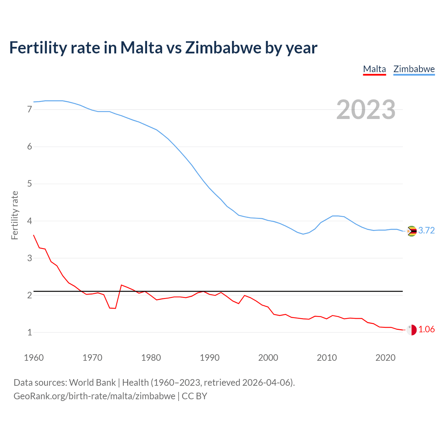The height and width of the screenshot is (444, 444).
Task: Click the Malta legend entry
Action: pyautogui.click(x=374, y=69)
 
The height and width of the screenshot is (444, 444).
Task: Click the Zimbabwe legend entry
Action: pyautogui.click(x=414, y=69)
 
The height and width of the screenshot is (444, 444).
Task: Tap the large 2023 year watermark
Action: pyautogui.click(x=366, y=110)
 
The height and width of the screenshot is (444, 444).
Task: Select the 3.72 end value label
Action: pyautogui.click(x=426, y=231)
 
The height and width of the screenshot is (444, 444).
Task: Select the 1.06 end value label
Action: pyautogui.click(x=426, y=330)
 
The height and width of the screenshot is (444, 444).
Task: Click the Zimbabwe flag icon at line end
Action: pyautogui.click(x=411, y=231)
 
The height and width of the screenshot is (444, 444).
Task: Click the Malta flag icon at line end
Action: pyautogui.click(x=411, y=330)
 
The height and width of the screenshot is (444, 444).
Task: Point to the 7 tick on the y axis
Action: pyautogui.click(x=29, y=110)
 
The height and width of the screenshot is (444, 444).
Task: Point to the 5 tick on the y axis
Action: pyautogui.click(x=29, y=184)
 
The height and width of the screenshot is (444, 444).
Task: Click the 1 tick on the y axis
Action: pyautogui.click(x=29, y=332)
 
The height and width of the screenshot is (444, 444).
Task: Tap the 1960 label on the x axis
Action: pyautogui.click(x=34, y=358)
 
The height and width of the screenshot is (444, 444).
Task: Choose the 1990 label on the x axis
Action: pyautogui.click(x=210, y=358)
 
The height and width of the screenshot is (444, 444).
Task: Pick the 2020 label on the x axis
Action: pyautogui.click(x=385, y=358)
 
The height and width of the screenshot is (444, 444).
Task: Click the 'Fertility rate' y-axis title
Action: pyautogui.click(x=15, y=215)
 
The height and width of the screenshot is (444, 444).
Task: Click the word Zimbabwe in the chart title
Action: pyautogui.click(x=223, y=48)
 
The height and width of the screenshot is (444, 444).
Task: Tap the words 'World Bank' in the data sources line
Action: pyautogui.click(x=92, y=383)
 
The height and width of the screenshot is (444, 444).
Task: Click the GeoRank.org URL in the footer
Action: pyautogui.click(x=94, y=396)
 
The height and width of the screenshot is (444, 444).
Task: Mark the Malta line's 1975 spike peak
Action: pyautogui.click(x=121, y=285)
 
